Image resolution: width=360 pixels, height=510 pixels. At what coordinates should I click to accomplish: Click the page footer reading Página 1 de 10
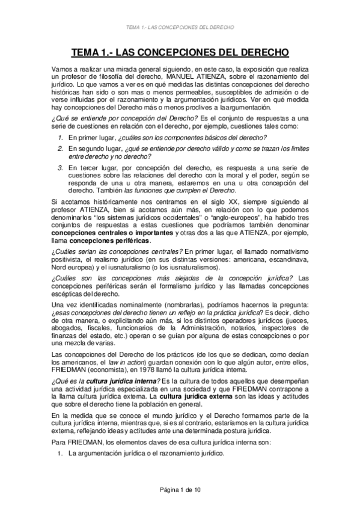(x=180, y=491)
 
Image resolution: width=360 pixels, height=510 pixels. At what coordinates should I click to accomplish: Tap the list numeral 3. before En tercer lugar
(x=60, y=167)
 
